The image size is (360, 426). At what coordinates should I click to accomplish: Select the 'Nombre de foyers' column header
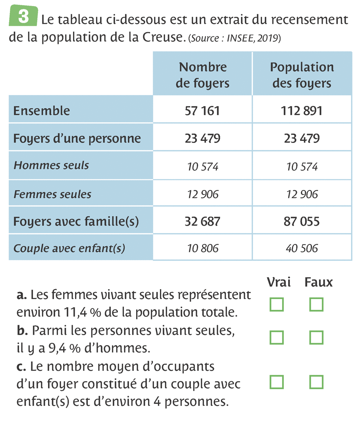[x=202, y=75]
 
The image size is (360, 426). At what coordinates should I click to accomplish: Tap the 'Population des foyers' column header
[x=302, y=75]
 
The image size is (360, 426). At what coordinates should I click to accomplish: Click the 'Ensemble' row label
[x=42, y=111]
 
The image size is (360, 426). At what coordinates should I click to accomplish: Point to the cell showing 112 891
[x=302, y=111]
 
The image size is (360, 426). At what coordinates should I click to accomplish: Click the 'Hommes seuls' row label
[x=51, y=165]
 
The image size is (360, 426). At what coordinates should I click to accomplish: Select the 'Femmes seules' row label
[x=52, y=194]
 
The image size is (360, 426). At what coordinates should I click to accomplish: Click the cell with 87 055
[x=302, y=221]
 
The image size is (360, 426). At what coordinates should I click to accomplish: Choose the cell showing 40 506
[x=302, y=248]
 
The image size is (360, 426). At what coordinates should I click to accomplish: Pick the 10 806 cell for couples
[x=202, y=248]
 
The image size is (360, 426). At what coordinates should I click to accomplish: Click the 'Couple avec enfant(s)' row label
[x=69, y=249]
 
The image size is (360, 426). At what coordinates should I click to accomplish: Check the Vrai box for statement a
[x=277, y=305]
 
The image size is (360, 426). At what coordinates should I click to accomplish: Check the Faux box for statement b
[x=316, y=338]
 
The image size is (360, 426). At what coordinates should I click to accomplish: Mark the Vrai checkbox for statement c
[x=277, y=382]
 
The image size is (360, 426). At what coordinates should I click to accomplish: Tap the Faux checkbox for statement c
[x=316, y=382]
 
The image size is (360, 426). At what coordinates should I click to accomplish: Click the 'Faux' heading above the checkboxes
[x=318, y=282]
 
